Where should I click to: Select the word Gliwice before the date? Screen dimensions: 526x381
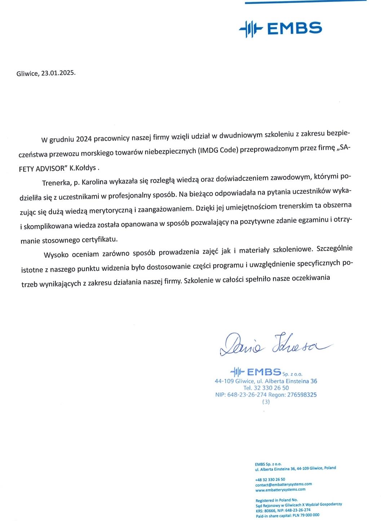coord(27,74)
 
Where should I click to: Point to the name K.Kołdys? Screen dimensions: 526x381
coord(83,168)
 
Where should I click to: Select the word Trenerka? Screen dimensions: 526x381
coord(57,183)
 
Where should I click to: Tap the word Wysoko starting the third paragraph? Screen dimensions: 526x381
coord(56,255)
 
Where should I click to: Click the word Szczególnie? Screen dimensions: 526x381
coord(334,248)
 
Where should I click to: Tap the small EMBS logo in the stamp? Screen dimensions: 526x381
coord(255,371)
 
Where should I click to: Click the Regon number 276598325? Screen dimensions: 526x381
coord(302,395)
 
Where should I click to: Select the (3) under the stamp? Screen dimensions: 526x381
coord(266,401)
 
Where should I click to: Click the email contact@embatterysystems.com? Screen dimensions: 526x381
coord(283,484)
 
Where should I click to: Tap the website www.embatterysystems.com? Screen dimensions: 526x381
coord(280,490)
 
